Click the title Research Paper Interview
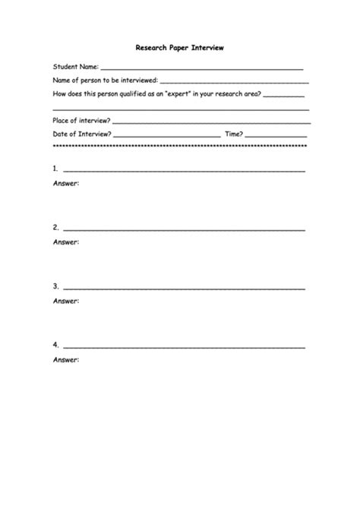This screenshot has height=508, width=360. (179, 47)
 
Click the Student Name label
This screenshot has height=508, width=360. (75, 67)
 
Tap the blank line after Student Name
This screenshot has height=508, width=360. (202, 69)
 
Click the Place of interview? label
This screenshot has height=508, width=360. (81, 121)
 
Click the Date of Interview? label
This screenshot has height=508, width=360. (82, 134)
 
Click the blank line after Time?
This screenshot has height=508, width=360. (276, 136)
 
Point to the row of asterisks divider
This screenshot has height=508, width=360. (179, 146)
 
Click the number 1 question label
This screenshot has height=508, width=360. (55, 169)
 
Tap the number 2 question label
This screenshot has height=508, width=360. (55, 227)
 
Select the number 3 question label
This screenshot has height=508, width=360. (55, 286)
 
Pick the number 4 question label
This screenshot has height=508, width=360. (55, 345)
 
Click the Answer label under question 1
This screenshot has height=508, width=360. (66, 184)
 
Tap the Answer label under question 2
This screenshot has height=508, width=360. (66, 242)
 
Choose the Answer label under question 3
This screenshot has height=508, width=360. (66, 301)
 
